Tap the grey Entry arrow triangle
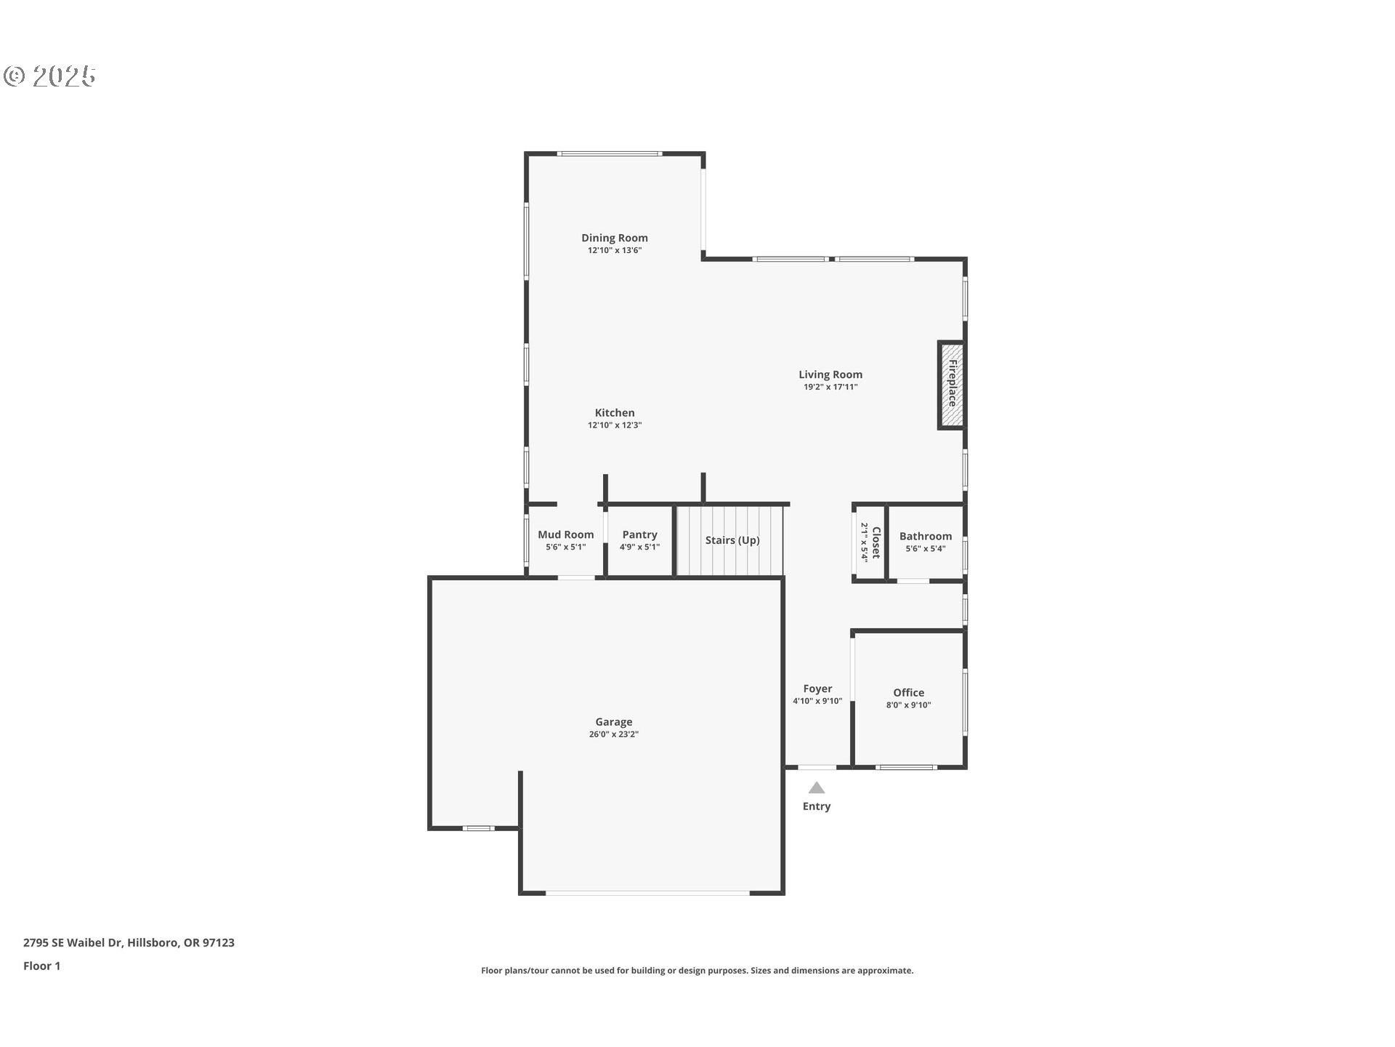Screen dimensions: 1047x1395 [817, 788]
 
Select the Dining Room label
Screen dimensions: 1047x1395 [614, 238]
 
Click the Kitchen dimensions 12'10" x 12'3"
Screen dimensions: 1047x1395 [614, 425]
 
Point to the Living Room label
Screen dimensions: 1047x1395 [830, 374]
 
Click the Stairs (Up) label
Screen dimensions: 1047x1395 [732, 540]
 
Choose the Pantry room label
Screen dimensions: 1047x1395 [639, 534]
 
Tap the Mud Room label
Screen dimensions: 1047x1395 [565, 534]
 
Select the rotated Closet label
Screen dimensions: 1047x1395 [876, 542]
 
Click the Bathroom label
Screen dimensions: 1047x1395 [925, 536]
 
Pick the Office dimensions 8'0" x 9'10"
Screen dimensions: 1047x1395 [908, 705]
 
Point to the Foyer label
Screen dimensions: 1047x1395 [817, 689]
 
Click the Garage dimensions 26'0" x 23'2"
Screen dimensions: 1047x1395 [613, 734]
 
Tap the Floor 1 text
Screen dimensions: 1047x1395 [42, 966]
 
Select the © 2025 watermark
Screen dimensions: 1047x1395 [49, 76]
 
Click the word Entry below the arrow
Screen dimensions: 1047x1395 [817, 806]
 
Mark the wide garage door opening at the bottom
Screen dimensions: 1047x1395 [647, 893]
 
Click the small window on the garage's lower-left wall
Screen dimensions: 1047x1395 [478, 828]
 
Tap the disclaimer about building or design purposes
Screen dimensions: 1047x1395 [697, 971]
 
